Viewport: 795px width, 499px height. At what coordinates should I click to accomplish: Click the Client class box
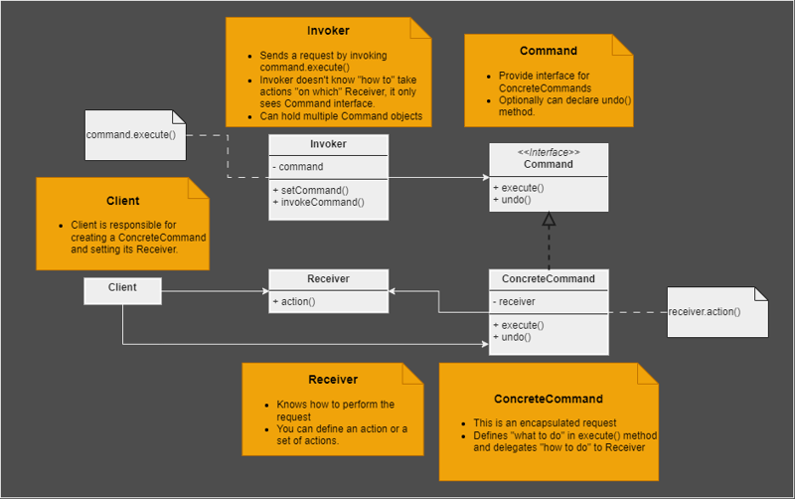[x=122, y=289]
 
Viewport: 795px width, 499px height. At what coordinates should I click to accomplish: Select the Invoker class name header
[x=328, y=145]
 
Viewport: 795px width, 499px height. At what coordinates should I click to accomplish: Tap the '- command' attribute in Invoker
[x=299, y=167]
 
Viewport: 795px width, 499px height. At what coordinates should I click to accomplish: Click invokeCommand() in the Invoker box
[x=319, y=202]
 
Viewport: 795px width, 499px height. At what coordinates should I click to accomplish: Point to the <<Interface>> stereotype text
[x=548, y=151]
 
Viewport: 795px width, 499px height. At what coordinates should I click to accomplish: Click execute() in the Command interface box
[x=518, y=187]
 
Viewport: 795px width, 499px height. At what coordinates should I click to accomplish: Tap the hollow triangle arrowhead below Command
[x=549, y=220]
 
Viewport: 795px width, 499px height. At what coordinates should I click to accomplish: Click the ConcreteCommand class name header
[x=548, y=279]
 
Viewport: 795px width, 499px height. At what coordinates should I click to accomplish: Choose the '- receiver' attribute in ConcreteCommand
[x=515, y=301]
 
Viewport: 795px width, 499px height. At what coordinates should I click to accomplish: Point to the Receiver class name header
[x=328, y=279]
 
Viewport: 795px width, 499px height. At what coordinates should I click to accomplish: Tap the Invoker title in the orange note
[x=328, y=31]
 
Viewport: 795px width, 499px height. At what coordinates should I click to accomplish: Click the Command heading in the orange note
[x=548, y=51]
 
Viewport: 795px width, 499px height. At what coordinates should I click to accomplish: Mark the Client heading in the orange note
[x=123, y=201]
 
